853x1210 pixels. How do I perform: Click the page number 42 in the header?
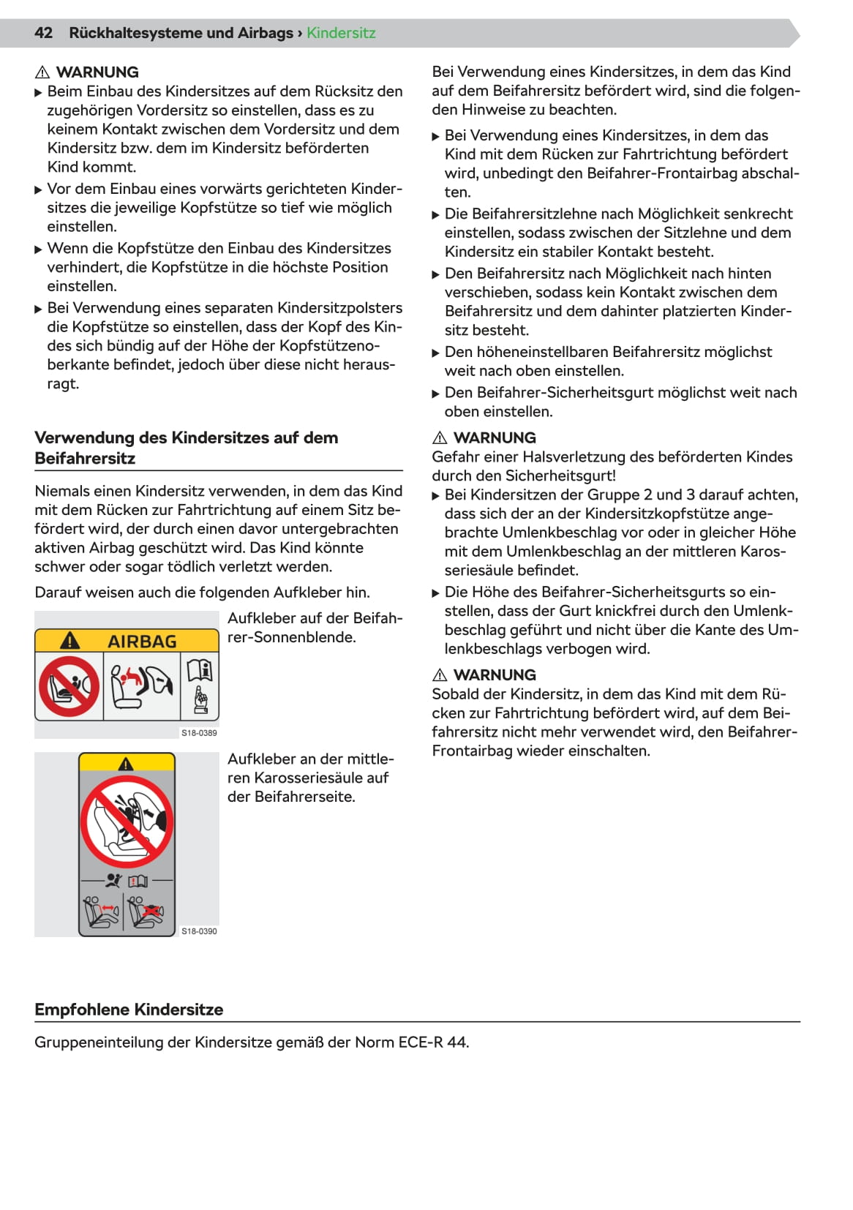tap(44, 33)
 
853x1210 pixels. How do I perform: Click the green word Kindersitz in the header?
tap(341, 33)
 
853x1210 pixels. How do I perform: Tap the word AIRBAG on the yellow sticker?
tap(142, 642)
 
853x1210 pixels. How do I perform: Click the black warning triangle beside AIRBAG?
tap(69, 641)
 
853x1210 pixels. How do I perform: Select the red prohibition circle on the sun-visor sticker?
tap(69, 685)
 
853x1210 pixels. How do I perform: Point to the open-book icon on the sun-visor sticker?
tap(200, 669)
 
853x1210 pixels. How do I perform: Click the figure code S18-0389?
tap(199, 733)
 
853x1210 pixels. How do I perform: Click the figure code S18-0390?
tap(199, 931)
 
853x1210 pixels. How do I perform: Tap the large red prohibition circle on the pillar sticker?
tap(127, 822)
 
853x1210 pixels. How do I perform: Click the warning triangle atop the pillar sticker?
tap(127, 764)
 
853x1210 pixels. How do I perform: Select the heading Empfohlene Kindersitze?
tap(129, 1010)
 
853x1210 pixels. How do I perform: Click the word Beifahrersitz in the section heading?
tap(85, 459)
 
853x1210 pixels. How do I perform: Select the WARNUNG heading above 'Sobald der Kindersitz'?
tap(495, 675)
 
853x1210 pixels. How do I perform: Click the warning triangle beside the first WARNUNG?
tap(42, 72)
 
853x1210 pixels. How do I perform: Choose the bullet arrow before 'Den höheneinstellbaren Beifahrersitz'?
tap(436, 353)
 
